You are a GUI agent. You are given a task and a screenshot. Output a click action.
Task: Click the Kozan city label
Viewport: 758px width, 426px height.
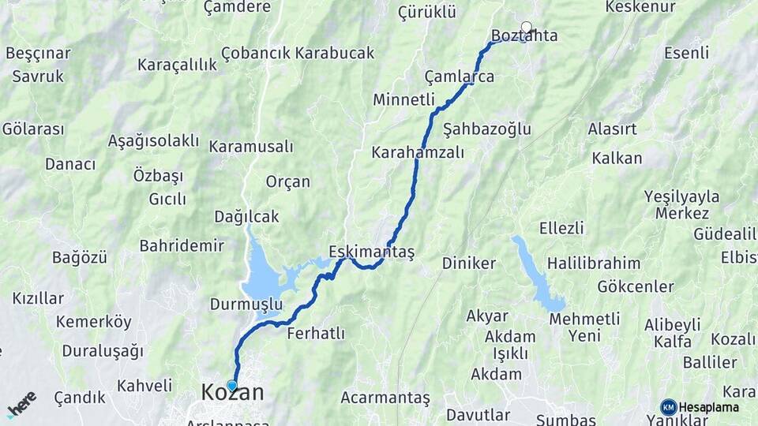point(233,393)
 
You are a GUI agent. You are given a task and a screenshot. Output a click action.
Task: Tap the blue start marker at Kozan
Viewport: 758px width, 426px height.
point(231,385)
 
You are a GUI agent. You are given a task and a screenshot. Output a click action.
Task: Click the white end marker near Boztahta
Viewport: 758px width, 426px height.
point(527,28)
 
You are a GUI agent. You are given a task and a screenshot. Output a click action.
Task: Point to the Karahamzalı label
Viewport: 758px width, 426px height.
point(418,152)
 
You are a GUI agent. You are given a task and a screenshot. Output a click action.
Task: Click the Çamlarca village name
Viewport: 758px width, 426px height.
point(460,77)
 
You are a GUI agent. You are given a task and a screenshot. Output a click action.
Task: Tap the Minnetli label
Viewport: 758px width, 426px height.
point(403,99)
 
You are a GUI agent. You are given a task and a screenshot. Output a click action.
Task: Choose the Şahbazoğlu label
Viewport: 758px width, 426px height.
point(487,129)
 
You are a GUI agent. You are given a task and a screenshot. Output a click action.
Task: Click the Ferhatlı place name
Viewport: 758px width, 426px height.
point(316,333)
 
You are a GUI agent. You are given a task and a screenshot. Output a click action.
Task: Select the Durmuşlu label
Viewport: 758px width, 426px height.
point(246,304)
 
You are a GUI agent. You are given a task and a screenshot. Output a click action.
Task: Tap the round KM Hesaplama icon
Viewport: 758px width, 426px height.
point(669,407)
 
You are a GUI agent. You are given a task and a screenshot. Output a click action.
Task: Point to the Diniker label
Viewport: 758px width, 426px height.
point(469,263)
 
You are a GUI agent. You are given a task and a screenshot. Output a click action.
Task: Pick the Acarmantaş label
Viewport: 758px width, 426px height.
point(385,398)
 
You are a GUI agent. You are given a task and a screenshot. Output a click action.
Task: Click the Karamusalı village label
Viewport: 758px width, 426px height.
point(251,147)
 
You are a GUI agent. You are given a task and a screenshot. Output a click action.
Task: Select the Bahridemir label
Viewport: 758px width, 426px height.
point(182,245)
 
